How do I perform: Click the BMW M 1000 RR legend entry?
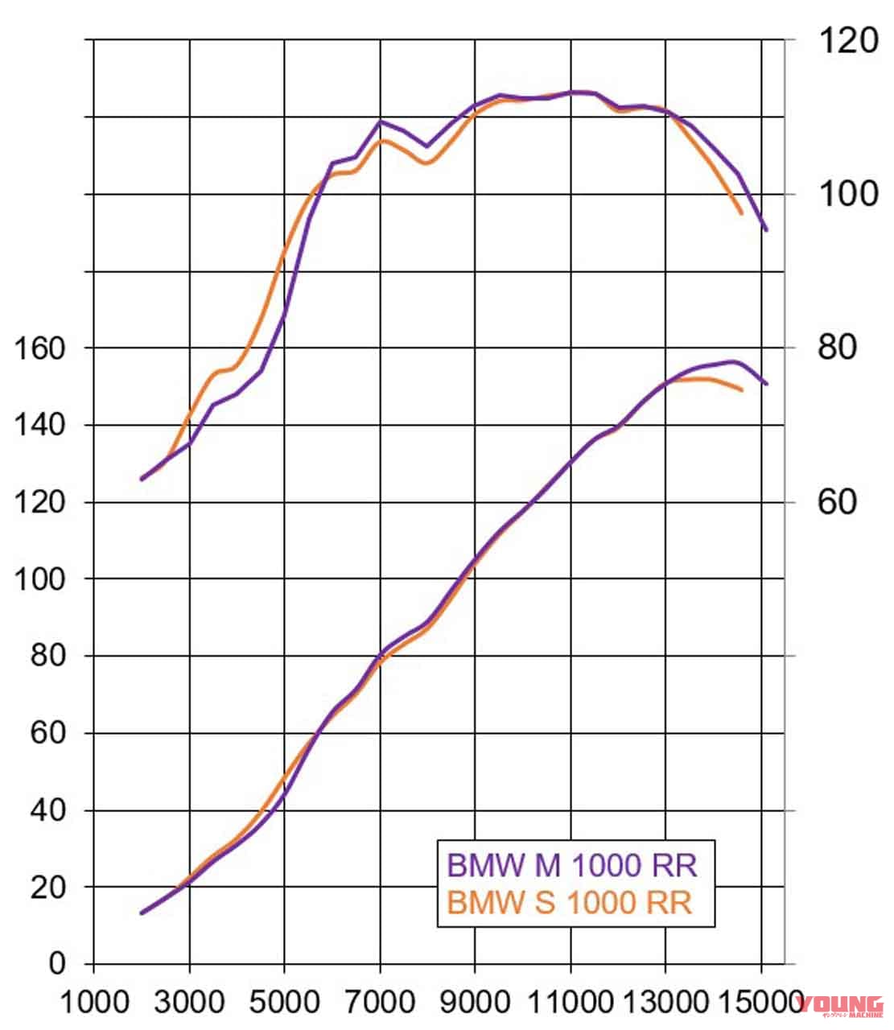571,865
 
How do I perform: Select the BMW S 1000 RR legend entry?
569,902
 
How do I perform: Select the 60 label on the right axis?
838,502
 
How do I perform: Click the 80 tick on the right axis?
838,348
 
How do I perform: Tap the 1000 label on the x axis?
95,1003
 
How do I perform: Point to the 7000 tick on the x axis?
380,1003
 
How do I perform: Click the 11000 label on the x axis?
571,1003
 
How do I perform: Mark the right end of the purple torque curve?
766,229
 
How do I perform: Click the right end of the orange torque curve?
741,213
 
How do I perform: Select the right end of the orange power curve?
742,390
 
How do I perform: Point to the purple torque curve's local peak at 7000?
380,122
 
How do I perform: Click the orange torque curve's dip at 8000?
426,163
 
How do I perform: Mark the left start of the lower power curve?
142,913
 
